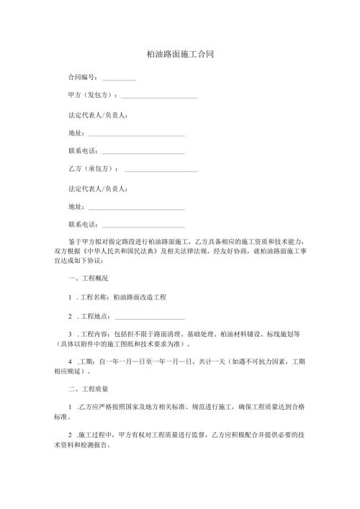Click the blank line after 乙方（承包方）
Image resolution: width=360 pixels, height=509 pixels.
pos(161,170)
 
